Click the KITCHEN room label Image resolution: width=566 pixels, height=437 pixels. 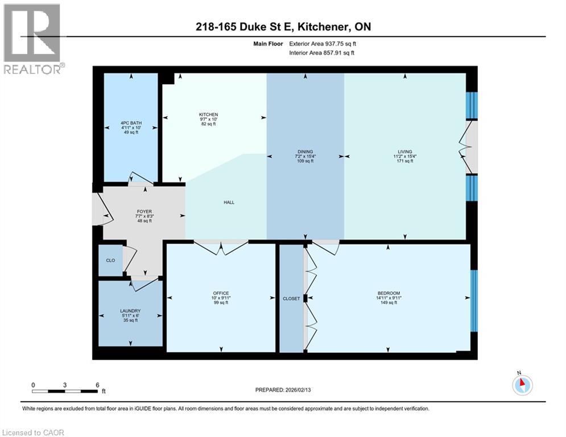pos(208,115)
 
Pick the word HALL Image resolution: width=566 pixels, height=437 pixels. pos(229,203)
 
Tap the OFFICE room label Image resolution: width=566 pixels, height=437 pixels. pos(220,294)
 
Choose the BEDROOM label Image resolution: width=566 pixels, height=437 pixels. pos(387,294)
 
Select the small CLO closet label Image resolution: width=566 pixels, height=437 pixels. pos(110,261)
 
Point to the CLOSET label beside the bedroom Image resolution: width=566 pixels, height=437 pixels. pos(291,298)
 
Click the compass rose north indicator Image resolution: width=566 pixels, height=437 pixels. pos(522,384)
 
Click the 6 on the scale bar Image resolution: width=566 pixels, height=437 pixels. pos(97,385)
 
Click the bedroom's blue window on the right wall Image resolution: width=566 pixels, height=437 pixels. pos(474,300)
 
